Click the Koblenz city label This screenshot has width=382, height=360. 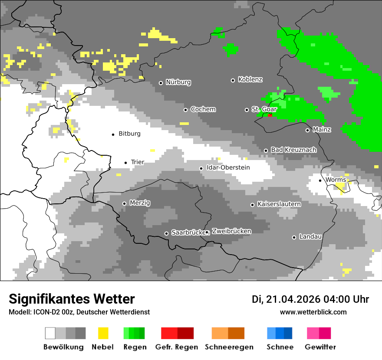coord(250,80)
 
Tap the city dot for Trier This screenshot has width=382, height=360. coord(126,163)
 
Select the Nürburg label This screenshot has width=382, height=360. coord(178,82)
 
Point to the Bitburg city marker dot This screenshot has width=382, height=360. coord(113,134)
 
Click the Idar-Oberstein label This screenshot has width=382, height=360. coord(228,168)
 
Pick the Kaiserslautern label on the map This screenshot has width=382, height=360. coord(279,204)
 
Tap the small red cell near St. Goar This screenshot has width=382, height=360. coord(270,115)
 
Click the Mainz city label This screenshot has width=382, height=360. coord(322,130)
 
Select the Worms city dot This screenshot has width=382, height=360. coord(320,180)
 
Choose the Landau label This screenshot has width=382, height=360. coord(310,237)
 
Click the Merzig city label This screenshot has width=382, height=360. coord(140,203)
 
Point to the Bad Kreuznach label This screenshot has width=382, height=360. coord(293,150)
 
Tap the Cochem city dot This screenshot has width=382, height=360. coord(185,110)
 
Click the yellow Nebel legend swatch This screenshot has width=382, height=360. coord(103,333)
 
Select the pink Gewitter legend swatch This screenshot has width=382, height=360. coord(313,333)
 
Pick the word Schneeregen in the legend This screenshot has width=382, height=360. coord(229,347)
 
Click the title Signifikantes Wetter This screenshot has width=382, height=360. coord(72,299)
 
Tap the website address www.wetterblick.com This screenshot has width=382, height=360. coord(313,312)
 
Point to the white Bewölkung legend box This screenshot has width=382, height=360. coord(50,333)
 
